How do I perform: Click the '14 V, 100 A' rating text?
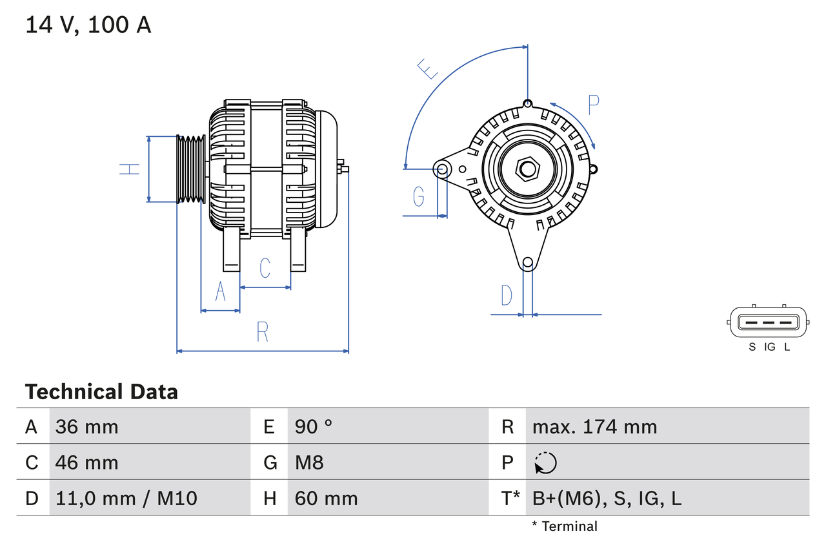[x=88, y=25]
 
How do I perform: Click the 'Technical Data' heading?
[x=101, y=391]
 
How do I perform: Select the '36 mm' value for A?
[x=86, y=426]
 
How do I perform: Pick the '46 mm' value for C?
[x=86, y=463]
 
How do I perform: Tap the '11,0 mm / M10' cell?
[x=126, y=498]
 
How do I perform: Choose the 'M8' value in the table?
[x=309, y=463]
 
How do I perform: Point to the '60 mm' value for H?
[x=326, y=498]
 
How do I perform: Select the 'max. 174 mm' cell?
[x=594, y=426]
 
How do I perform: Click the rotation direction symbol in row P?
[x=545, y=463]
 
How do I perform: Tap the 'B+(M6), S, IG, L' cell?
[x=607, y=498]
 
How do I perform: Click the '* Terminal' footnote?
[x=565, y=526]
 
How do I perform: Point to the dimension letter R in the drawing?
[x=262, y=331]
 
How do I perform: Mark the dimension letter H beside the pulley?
[x=130, y=169]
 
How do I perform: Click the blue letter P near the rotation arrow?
[x=593, y=105]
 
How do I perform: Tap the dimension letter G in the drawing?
[x=419, y=196]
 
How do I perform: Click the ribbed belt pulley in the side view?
[x=191, y=169]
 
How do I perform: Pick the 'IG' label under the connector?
[x=769, y=347]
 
